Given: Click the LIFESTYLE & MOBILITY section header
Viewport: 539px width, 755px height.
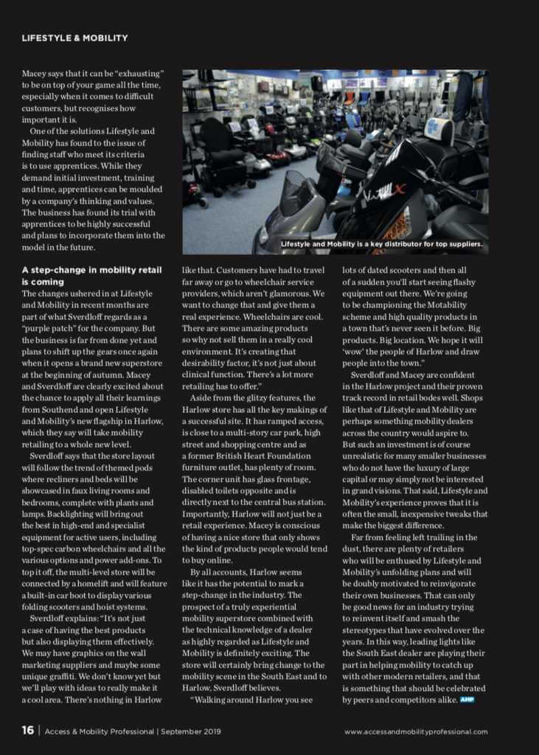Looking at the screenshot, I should (74, 38).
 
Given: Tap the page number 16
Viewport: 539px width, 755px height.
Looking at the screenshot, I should (27, 731).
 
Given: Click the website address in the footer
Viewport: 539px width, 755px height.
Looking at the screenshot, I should (416, 731).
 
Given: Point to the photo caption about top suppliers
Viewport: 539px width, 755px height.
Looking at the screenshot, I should (381, 244).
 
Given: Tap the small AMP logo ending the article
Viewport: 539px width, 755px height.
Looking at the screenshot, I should (466, 698).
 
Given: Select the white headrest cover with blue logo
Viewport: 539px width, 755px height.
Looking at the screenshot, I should (439, 128).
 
